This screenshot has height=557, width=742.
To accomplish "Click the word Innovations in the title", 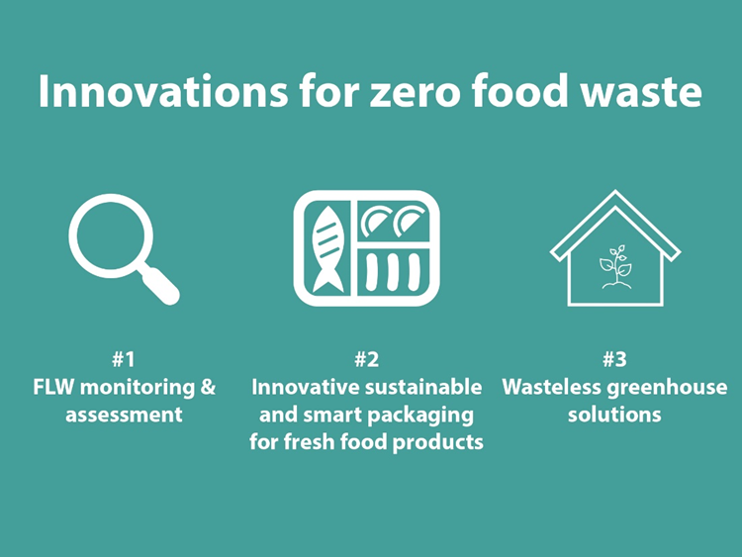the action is pyautogui.click(x=163, y=91).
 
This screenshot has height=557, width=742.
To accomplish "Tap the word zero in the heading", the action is pyautogui.click(x=414, y=94).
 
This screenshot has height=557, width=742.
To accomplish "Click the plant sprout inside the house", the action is pyautogui.click(x=615, y=266).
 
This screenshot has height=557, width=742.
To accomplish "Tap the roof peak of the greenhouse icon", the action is pyautogui.click(x=615, y=192).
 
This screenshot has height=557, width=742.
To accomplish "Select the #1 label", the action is pyautogui.click(x=124, y=360).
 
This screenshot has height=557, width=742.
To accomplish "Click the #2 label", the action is pyautogui.click(x=367, y=360).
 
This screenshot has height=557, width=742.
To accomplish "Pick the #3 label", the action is pyautogui.click(x=614, y=360).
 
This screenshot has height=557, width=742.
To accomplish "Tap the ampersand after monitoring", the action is pyautogui.click(x=208, y=388).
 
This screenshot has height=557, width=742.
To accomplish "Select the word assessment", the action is pyautogui.click(x=124, y=415).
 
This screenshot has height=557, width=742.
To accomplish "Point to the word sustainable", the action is pyautogui.click(x=424, y=388).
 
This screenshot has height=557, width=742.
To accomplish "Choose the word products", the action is pyautogui.click(x=438, y=442).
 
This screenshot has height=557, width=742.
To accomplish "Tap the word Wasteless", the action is pyautogui.click(x=552, y=388).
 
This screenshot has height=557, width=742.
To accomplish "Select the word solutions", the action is pyautogui.click(x=614, y=415).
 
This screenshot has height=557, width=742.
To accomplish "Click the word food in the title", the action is pyautogui.click(x=519, y=91).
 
